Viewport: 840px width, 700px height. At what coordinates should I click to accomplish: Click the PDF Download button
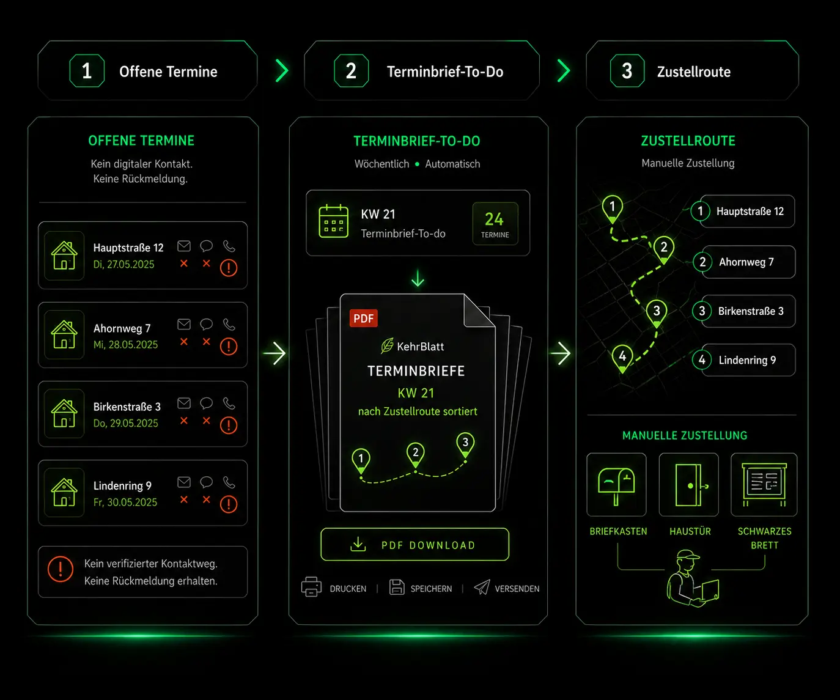pos(414,544)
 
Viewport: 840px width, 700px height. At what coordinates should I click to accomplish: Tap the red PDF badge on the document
pos(363,319)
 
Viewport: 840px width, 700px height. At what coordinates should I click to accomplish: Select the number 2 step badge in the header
pos(351,71)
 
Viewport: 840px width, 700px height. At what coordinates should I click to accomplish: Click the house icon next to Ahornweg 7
pos(64,334)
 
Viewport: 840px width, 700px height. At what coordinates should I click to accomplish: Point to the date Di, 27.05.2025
pos(124,264)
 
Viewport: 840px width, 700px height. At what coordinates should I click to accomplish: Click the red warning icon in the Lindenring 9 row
pos(229,504)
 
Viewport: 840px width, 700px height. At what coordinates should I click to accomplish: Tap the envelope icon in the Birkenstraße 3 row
pos(184,403)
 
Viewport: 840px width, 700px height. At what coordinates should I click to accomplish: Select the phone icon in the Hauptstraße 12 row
pos(229,246)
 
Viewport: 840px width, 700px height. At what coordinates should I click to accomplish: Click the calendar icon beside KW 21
pos(334,221)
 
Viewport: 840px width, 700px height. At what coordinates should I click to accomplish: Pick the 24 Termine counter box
pos(495,224)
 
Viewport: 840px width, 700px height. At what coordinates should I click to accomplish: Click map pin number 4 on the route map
pos(622,358)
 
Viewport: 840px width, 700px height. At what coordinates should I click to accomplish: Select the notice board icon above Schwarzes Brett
pos(764,484)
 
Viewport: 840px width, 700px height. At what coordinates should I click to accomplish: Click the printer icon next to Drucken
pos(311,587)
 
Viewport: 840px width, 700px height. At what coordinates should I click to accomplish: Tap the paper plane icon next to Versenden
pos(482,587)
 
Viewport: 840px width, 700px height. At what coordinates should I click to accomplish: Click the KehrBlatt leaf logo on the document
pos(387,345)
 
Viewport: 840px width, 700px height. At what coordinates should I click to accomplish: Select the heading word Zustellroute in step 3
pos(693,72)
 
